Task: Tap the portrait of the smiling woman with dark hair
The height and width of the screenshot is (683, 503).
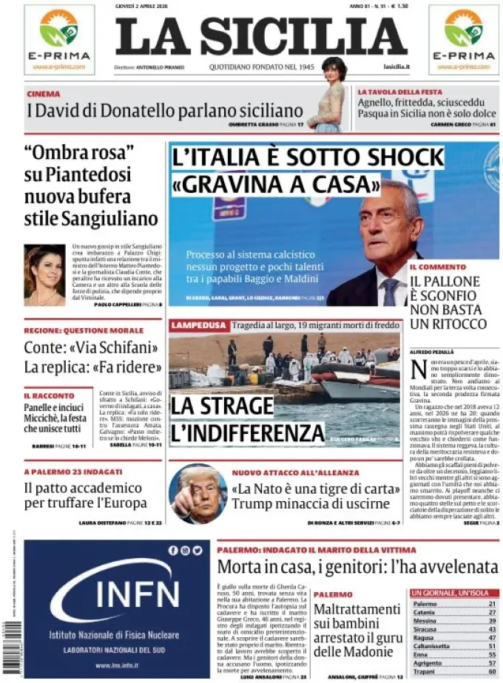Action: pos(45,275)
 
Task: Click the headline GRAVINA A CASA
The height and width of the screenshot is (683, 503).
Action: pos(275,183)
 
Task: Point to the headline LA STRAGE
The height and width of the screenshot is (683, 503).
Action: pos(221,406)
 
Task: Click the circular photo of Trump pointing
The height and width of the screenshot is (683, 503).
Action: pos(198,494)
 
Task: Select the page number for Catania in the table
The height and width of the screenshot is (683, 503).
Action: pos(491,612)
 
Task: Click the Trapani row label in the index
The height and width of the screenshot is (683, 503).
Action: pos(425,671)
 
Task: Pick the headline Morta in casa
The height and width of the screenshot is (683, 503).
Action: pos(357,567)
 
